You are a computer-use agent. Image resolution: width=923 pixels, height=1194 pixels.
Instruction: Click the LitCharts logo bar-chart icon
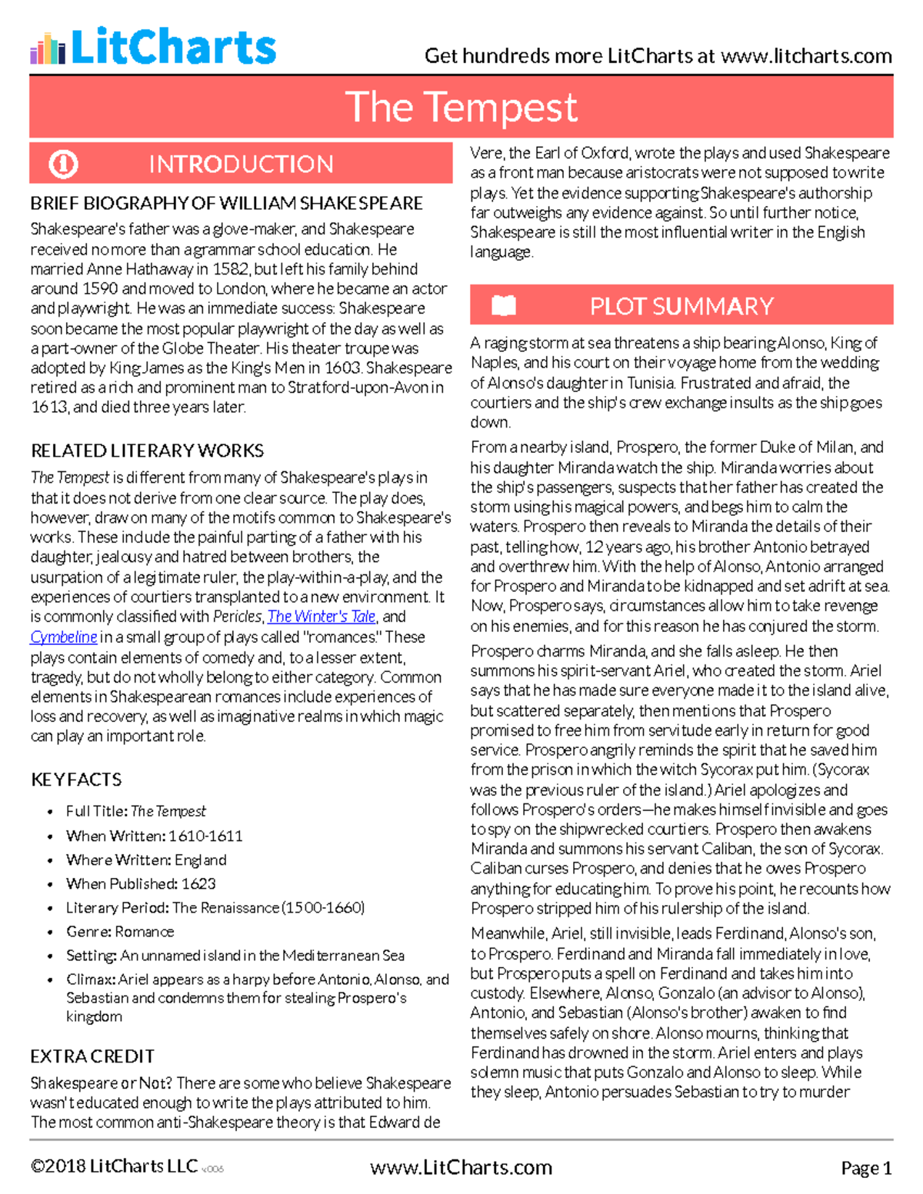[48, 48]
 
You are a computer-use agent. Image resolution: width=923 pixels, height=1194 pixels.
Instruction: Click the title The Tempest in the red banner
[461, 107]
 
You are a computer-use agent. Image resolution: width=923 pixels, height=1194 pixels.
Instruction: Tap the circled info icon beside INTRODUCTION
[63, 164]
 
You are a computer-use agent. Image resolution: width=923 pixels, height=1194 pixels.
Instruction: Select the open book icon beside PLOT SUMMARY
[504, 306]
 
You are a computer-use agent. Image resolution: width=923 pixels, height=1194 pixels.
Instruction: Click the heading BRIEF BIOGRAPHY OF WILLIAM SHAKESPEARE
[226, 204]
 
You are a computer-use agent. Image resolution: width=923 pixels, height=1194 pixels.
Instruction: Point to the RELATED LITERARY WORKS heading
[147, 451]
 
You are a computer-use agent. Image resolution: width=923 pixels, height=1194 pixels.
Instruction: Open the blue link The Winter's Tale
[321, 617]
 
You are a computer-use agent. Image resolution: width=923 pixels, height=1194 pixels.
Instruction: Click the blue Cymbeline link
[64, 637]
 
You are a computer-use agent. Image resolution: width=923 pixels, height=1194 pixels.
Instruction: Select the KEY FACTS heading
[76, 780]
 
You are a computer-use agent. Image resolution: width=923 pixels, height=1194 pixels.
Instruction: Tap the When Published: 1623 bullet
[141, 883]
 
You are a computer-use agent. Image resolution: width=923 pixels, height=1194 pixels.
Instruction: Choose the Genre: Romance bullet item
[120, 931]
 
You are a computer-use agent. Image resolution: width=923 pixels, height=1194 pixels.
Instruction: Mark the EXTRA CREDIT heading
[92, 1056]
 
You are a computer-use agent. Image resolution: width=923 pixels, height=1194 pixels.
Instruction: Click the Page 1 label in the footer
[866, 1168]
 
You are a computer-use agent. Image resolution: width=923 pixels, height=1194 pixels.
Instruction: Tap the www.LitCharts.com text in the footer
[461, 1168]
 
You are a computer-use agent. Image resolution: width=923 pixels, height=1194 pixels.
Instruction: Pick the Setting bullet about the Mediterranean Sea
[235, 955]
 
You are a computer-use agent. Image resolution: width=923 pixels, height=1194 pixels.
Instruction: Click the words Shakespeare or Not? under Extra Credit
[101, 1083]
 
